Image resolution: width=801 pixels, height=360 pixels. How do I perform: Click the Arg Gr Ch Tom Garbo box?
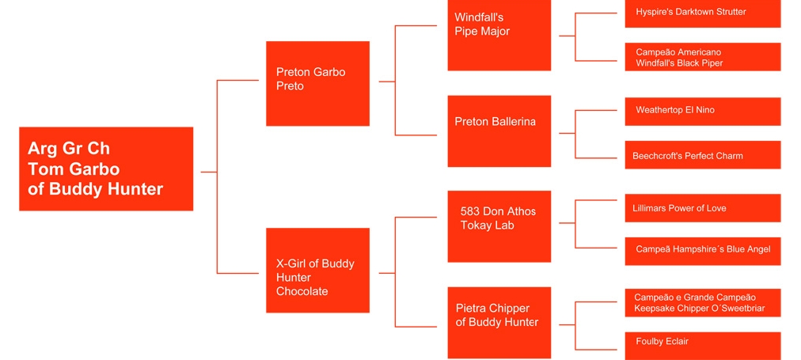(x=106, y=169)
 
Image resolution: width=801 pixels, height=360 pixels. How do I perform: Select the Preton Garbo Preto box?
(x=317, y=83)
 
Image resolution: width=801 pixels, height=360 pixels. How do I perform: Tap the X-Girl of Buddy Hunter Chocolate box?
(x=317, y=270)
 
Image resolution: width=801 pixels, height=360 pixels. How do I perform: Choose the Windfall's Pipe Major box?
(x=499, y=36)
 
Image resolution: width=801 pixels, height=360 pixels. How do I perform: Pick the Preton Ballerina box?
(x=499, y=131)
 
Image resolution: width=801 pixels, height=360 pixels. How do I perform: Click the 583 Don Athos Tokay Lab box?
(x=499, y=226)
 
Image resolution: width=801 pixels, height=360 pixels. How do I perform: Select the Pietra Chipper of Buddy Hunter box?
(x=499, y=322)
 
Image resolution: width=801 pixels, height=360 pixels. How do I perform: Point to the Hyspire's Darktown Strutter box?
(x=703, y=13)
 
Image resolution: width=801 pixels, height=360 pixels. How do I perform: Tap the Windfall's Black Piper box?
(x=703, y=57)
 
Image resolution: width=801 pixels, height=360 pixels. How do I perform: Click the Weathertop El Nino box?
(x=703, y=112)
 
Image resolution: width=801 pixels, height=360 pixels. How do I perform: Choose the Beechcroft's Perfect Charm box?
(x=703, y=155)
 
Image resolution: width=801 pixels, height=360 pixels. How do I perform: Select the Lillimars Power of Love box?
(x=703, y=208)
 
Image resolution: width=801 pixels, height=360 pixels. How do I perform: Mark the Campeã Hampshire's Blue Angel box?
(x=703, y=252)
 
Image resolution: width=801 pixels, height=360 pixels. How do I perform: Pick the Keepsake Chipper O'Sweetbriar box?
(x=703, y=303)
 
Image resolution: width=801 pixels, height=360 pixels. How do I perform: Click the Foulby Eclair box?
(x=703, y=346)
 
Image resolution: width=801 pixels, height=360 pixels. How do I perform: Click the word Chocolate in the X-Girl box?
(x=302, y=292)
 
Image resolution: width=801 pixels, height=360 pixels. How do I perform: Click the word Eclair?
(x=675, y=341)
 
